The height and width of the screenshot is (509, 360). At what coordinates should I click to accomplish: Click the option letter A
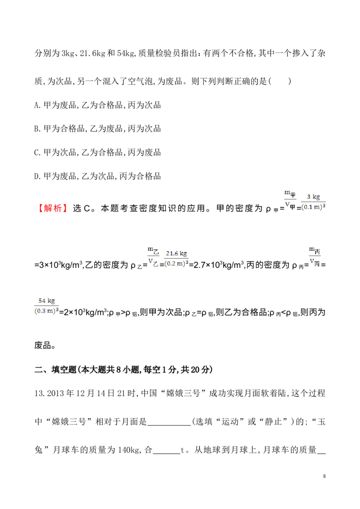pyautogui.click(x=37, y=105)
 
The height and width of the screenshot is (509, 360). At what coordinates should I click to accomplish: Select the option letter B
pyautogui.click(x=37, y=129)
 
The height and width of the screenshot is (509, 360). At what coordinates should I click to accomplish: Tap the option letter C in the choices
pyautogui.click(x=37, y=152)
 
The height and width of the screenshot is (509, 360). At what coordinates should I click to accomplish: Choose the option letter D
pyautogui.click(x=37, y=176)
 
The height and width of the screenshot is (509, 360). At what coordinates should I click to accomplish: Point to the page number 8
pyautogui.click(x=324, y=476)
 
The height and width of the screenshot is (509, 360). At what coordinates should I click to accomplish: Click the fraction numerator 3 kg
pyautogui.click(x=314, y=197)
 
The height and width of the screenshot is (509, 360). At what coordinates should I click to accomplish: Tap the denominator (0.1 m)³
pyautogui.click(x=314, y=207)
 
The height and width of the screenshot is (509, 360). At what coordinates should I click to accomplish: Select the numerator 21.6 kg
pyautogui.click(x=176, y=254)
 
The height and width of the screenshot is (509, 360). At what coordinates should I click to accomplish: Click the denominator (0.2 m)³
pyautogui.click(x=176, y=263)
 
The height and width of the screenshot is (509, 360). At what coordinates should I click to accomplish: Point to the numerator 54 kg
pyautogui.click(x=47, y=301)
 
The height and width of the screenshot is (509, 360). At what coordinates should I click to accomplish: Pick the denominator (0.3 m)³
pyautogui.click(x=47, y=311)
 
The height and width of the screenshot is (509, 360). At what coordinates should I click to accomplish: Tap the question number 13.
pyautogui.click(x=39, y=393)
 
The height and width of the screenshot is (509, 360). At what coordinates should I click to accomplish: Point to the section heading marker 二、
pyautogui.click(x=42, y=370)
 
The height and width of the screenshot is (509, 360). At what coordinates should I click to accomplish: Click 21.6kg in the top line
pyautogui.click(x=93, y=53)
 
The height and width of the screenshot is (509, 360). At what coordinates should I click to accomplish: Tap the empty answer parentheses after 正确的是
pyautogui.click(x=279, y=81)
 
